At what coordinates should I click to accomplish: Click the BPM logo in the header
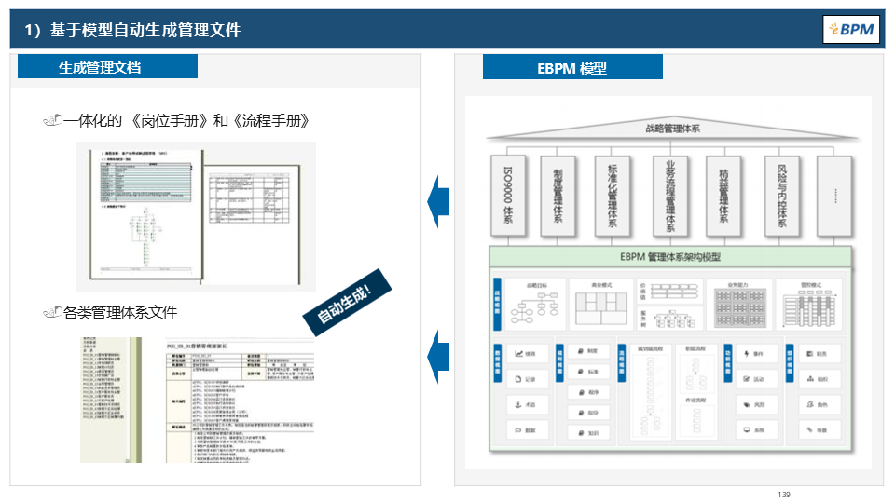851,29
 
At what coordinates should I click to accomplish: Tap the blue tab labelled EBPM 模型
572,68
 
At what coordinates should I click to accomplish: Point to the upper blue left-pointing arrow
438,200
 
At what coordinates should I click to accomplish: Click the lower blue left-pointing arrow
438,354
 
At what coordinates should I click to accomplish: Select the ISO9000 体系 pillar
508,197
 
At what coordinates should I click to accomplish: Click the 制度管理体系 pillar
559,197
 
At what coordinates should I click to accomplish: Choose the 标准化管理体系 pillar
613,197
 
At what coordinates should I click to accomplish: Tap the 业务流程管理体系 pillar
669,197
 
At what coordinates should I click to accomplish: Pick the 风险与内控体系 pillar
781,197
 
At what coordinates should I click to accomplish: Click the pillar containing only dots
834,197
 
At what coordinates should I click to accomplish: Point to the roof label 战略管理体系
672,129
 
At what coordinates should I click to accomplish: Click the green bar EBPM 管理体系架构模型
669,257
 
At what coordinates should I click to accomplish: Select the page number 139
783,494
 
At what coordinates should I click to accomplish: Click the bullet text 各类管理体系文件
120,312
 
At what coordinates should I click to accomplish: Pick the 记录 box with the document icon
526,379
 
